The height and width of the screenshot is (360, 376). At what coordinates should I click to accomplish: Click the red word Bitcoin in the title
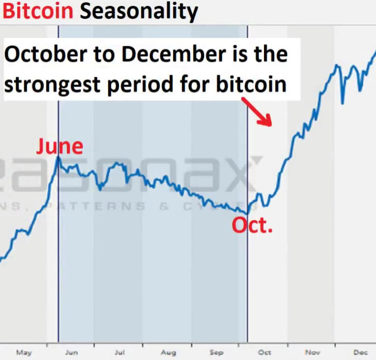[x=38, y=11]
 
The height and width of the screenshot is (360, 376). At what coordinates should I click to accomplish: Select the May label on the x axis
[x=24, y=352]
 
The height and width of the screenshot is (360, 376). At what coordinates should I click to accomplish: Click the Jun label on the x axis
[x=71, y=352]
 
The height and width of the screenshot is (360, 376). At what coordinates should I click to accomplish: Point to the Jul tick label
[x=119, y=352]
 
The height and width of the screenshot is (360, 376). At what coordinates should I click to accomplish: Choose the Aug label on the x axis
[x=168, y=352]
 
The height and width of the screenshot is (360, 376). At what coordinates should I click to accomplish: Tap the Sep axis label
[x=216, y=352]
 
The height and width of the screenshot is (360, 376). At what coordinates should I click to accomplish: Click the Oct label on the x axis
[x=264, y=352]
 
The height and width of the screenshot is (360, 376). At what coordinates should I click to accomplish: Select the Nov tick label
[x=313, y=352]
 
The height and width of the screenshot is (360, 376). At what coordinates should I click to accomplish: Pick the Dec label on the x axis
[x=360, y=352]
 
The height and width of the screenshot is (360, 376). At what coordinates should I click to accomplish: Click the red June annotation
[x=60, y=146]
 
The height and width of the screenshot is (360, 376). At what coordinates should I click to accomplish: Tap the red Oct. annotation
[x=252, y=225]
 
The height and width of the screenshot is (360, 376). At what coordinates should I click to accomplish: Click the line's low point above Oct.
[x=247, y=213]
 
